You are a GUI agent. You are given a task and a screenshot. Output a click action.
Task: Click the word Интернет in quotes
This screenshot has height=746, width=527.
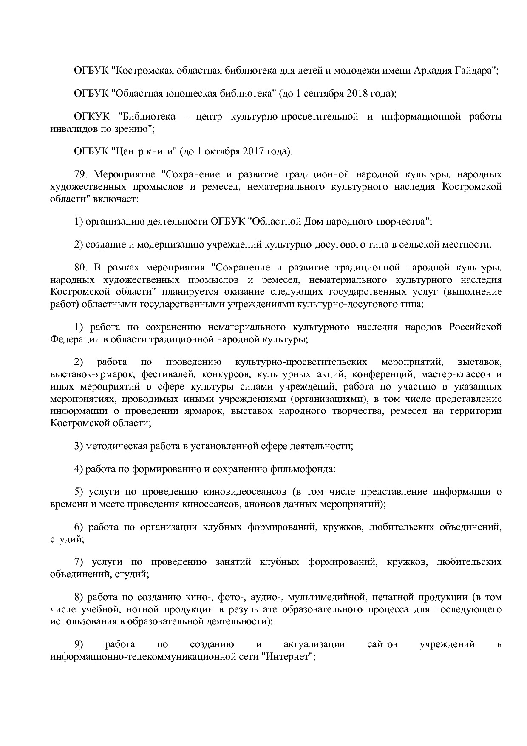287,656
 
